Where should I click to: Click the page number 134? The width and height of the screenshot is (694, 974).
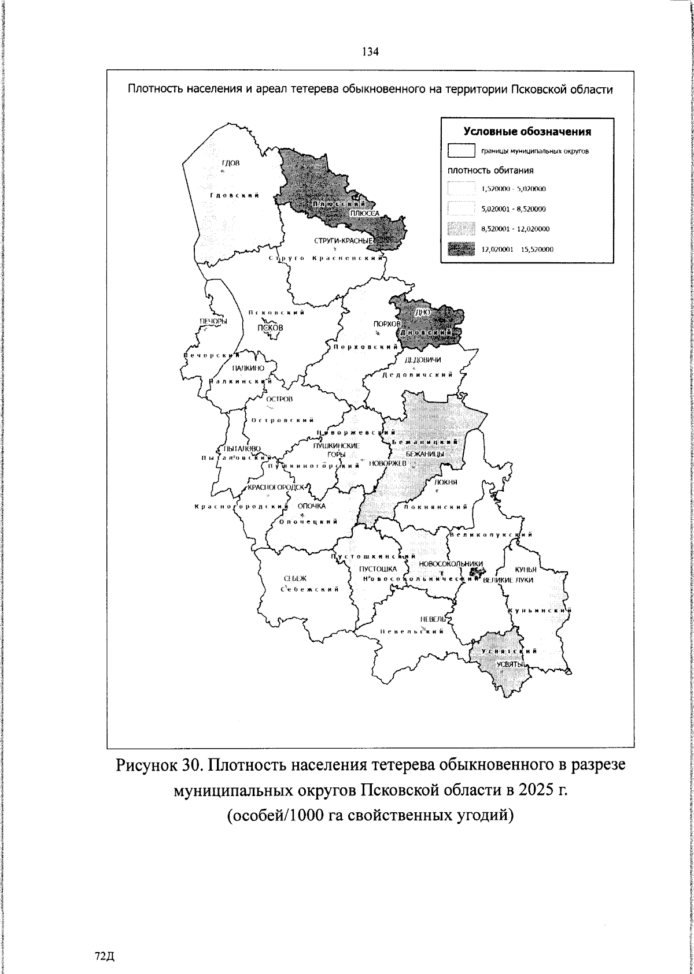(x=370, y=52)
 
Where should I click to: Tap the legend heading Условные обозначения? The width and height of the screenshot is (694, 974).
(x=526, y=132)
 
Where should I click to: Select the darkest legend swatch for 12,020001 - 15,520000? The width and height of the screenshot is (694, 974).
(x=461, y=249)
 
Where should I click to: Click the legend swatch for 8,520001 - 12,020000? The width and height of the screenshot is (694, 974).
(x=461, y=229)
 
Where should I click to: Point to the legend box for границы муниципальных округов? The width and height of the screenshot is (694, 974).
(x=461, y=151)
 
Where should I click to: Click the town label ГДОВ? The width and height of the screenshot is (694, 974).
(x=231, y=163)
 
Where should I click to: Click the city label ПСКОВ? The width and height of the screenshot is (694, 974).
(x=271, y=328)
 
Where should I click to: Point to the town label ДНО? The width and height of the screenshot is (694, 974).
(x=421, y=313)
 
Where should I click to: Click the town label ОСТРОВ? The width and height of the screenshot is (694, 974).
(x=280, y=399)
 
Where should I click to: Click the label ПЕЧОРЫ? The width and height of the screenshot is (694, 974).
(x=213, y=321)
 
